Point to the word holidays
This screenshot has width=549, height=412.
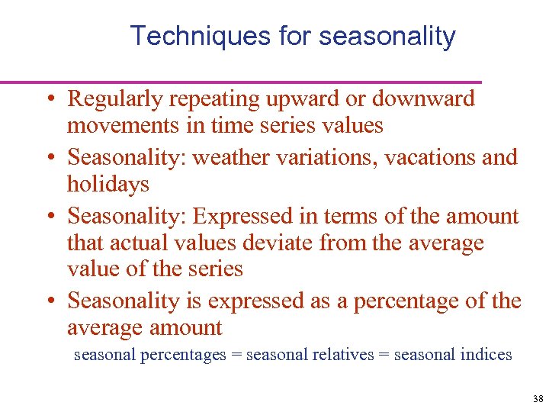click(108, 184)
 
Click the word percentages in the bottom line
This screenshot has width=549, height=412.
click(184, 355)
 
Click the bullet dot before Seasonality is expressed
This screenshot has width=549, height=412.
click(48, 302)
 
